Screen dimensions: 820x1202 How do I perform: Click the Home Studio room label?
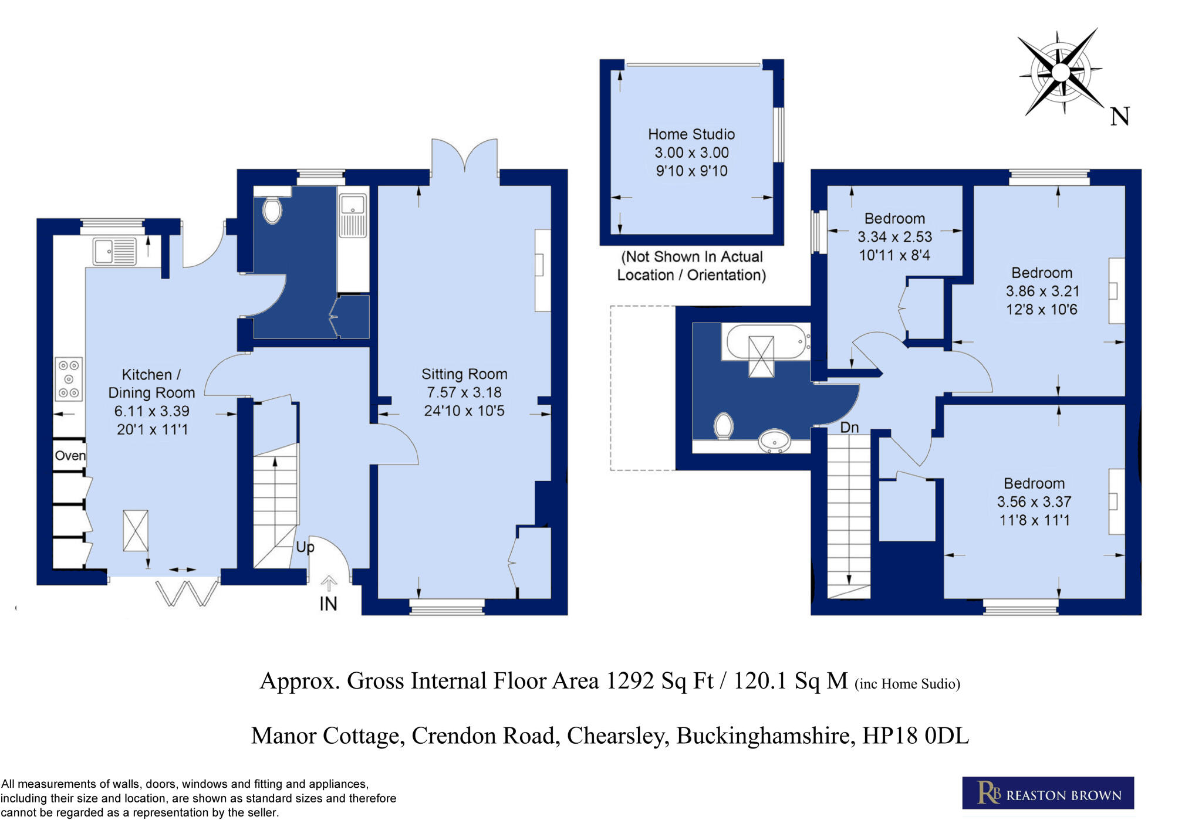pos(691,134)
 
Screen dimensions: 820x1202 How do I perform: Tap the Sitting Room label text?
pos(464,374)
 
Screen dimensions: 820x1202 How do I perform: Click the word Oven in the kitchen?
pos(70,456)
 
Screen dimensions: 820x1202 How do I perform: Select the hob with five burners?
pos(69,379)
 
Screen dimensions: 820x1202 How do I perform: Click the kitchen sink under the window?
pos(114,251)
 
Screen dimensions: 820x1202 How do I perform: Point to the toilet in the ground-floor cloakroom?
pos(272,210)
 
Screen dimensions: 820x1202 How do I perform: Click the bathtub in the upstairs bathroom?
pos(765,342)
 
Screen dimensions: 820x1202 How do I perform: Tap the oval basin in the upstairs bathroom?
pos(775,441)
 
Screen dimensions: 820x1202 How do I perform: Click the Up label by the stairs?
pos(305,547)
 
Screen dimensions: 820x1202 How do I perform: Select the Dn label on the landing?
pos(849,428)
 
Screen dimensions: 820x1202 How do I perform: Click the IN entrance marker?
pos(328,604)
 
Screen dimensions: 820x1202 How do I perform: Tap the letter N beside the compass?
pos(1119,116)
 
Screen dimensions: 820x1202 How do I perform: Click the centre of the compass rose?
pos(1060,72)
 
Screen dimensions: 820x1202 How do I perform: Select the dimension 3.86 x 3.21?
pos(1042,291)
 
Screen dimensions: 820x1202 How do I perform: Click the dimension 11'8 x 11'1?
pos(1034,520)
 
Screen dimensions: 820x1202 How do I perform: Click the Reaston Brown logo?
pos(1048,793)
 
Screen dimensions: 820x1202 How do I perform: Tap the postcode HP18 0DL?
pos(915,736)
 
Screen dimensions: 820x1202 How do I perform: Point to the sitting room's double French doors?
pos(464,156)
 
